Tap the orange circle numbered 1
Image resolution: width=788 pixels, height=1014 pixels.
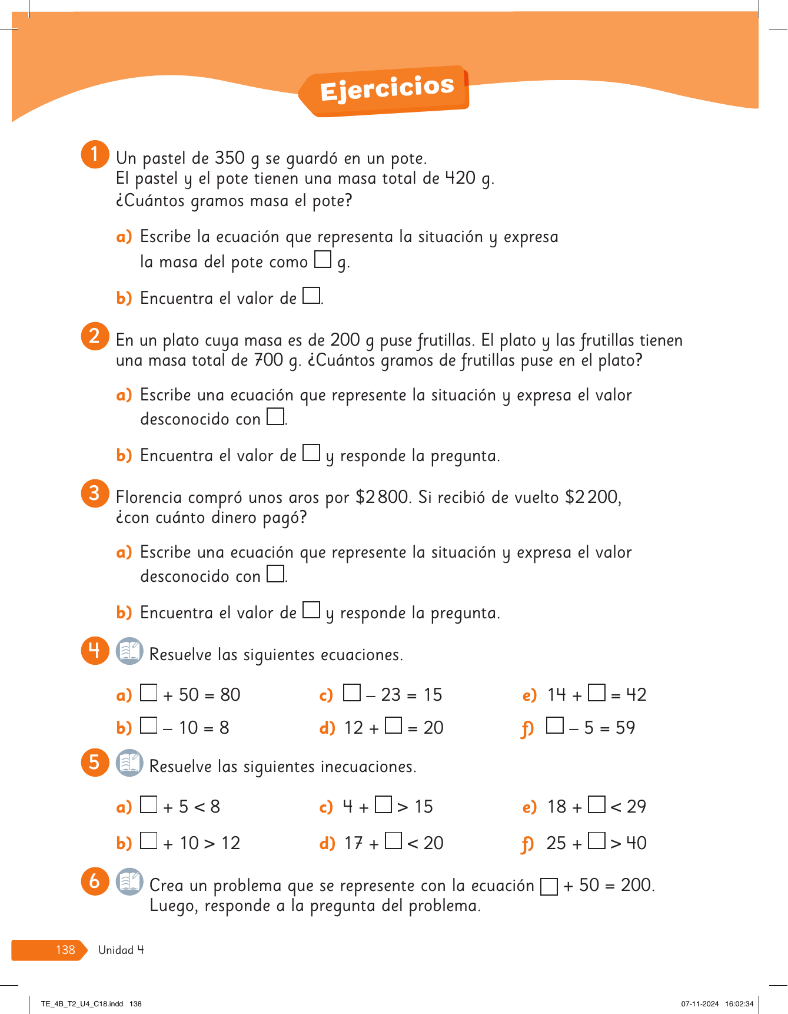(x=95, y=154)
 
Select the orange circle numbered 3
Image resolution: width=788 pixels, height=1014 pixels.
(x=95, y=493)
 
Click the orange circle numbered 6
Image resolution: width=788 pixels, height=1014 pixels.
(x=95, y=882)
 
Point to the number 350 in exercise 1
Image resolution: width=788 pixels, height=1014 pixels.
(x=230, y=158)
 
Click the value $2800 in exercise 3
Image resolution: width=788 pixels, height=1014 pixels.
(x=382, y=497)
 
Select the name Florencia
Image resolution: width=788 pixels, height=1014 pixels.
(x=149, y=497)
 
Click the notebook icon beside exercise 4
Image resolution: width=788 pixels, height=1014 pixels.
(x=129, y=651)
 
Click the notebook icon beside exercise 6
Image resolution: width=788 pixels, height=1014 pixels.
(x=129, y=882)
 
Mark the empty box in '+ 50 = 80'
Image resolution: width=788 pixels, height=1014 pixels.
(x=149, y=692)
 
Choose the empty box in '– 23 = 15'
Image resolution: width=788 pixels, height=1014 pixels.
(x=352, y=692)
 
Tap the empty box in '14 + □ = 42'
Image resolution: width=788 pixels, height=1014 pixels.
(x=597, y=692)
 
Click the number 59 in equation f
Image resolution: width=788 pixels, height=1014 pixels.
(x=625, y=728)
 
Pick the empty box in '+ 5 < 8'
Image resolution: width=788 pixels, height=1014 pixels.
(x=149, y=804)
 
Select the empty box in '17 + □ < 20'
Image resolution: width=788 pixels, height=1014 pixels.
(x=394, y=841)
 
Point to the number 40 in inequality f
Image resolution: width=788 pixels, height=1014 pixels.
(x=636, y=843)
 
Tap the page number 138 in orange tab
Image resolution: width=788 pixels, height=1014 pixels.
(x=65, y=950)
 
